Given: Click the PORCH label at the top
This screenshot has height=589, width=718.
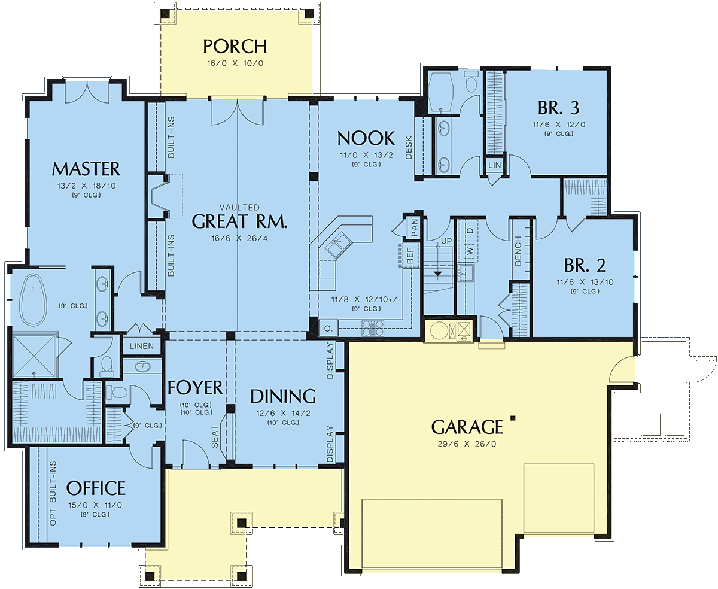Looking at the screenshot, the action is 235,47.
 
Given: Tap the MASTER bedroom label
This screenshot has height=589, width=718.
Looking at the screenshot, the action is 86,169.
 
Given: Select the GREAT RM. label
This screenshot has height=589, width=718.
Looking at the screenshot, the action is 240,221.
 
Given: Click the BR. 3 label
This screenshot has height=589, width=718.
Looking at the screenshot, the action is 559,108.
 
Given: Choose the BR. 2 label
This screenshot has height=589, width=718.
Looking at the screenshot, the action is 585,265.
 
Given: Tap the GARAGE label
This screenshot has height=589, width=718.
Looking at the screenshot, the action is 467,427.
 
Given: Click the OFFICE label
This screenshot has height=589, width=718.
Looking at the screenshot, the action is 96,488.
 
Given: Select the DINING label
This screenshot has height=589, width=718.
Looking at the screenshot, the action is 283,396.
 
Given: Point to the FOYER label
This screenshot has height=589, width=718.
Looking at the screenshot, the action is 195,387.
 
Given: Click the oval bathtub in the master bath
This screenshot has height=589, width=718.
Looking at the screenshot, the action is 34,299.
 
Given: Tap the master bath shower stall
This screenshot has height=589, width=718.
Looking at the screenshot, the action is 34,356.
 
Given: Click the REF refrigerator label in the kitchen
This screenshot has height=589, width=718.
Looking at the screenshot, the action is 410,256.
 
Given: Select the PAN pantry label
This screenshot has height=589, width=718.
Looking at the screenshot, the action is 414,227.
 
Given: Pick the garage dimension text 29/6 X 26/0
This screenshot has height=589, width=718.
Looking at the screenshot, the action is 467,444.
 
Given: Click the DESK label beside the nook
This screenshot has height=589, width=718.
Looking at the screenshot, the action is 409,147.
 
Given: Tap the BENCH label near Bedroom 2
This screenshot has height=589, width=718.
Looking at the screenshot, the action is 518,251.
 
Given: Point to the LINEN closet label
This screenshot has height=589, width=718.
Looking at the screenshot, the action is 142,346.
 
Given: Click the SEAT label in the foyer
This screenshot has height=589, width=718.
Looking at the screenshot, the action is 214,436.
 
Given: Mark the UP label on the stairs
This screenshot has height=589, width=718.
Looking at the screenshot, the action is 446,241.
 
